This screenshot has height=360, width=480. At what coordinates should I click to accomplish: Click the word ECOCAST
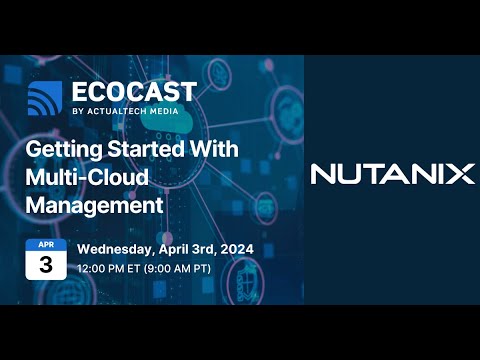tap(133, 93)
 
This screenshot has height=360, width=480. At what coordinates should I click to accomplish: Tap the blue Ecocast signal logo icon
tap(45, 99)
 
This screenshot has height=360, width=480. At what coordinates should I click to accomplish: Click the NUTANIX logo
tap(392, 174)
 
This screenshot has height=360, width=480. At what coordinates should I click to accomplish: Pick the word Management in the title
tap(94, 206)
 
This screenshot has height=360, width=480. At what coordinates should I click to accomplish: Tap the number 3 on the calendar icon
tap(45, 265)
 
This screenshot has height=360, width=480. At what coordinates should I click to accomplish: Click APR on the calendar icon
tap(45, 245)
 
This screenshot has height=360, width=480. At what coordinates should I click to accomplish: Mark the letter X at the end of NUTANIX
tap(461, 174)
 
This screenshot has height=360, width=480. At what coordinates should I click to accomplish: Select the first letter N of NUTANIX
tap(323, 174)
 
